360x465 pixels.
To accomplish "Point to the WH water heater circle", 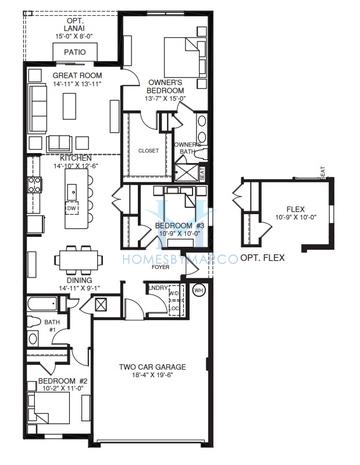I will (198, 292).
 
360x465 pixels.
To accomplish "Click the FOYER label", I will (160, 267).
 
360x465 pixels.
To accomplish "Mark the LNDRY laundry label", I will (157, 288).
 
